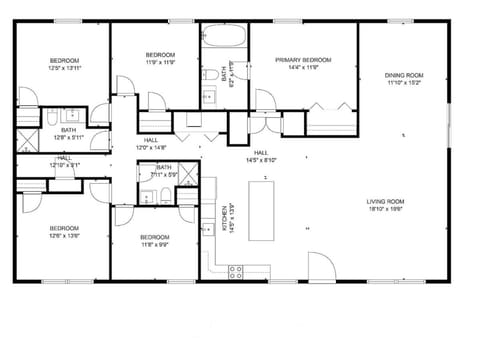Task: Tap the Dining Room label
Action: pos(404,76)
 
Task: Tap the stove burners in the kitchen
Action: pos(237,269)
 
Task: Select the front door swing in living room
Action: pos(320,267)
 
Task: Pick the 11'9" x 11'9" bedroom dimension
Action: pos(160,61)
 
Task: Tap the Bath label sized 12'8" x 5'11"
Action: pos(68,136)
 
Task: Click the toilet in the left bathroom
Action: pos(50,119)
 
